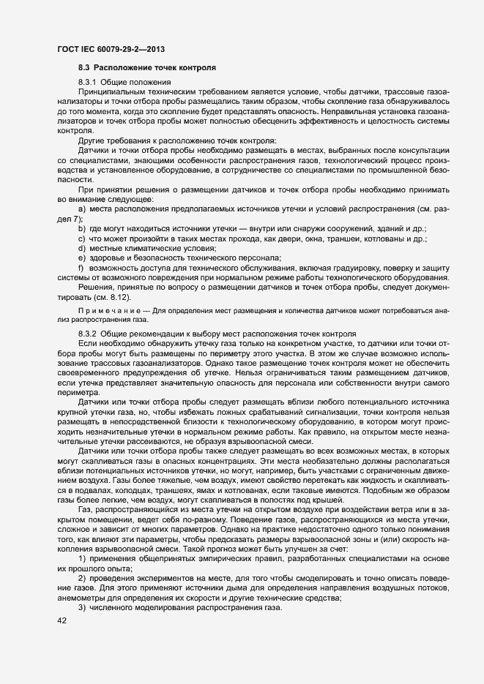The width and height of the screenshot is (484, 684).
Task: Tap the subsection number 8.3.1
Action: coord(87,83)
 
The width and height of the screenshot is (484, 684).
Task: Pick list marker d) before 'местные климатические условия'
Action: coord(81,249)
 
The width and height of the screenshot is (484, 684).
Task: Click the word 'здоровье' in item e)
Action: coord(107,258)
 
